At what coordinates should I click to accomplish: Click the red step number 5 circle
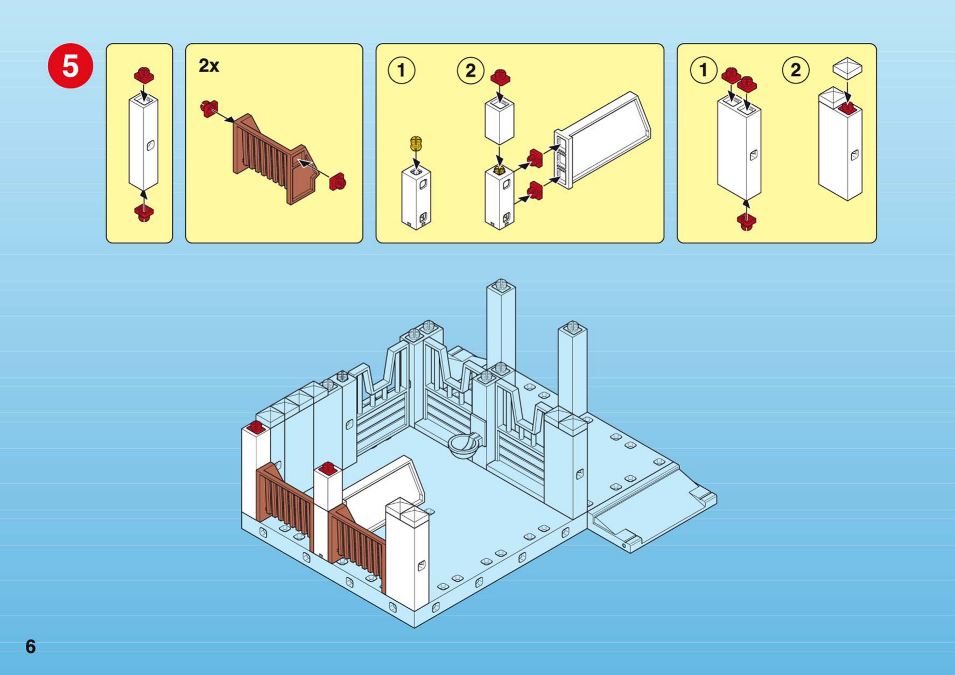point(70,66)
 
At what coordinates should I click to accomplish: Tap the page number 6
point(31,646)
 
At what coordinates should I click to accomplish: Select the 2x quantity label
point(209,66)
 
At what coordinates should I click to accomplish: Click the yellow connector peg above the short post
point(416,144)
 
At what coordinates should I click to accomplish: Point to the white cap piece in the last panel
point(847,69)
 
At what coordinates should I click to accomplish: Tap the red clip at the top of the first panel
point(144,75)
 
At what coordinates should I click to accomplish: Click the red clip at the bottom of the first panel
point(144,213)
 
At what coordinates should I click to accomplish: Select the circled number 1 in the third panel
point(401,70)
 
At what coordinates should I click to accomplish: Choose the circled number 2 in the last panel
point(795,70)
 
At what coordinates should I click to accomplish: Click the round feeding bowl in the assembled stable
point(464,445)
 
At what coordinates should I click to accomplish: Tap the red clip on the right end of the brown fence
point(338,182)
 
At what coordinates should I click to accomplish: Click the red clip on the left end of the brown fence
point(209,108)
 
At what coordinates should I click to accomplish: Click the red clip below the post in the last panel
point(746,221)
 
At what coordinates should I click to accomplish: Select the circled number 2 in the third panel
point(470,70)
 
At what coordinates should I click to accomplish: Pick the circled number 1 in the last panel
point(703,70)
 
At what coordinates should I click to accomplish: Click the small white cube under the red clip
point(500,121)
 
